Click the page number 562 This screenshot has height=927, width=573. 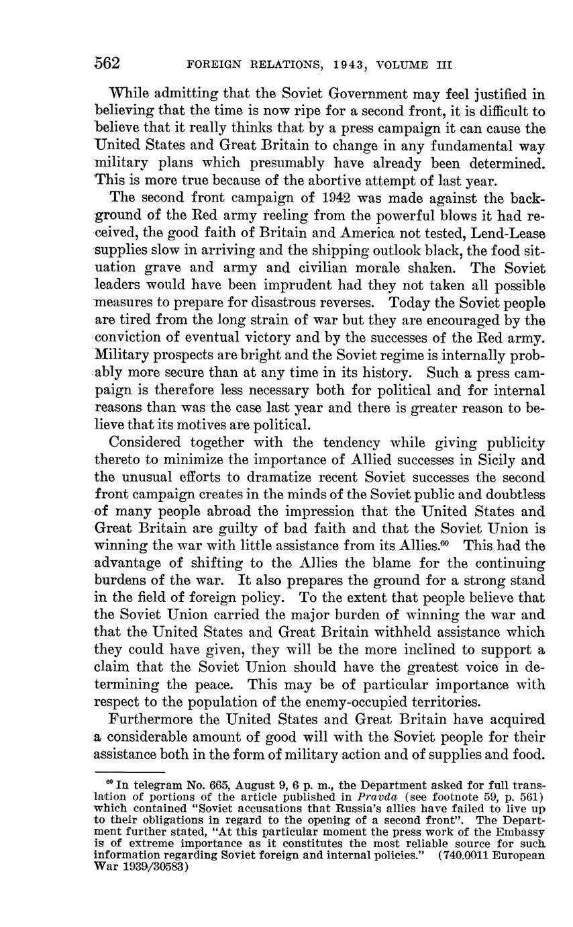(x=107, y=64)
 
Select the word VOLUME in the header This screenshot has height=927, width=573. (x=403, y=65)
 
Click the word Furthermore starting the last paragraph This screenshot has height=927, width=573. (x=149, y=719)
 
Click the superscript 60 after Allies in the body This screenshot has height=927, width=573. (x=444, y=541)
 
